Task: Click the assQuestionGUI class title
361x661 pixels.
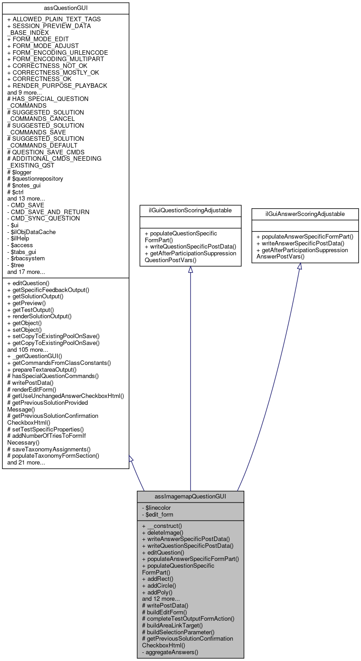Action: [66, 8]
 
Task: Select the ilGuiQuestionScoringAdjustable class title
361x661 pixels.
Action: [190, 210]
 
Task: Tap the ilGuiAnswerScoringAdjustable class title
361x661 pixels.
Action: [305, 214]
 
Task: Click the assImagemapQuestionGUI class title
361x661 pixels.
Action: [190, 496]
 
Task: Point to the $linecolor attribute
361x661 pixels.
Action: [156, 508]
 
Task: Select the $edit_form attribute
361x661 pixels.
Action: [157, 514]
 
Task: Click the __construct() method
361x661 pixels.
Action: [162, 526]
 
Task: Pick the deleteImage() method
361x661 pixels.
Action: [162, 533]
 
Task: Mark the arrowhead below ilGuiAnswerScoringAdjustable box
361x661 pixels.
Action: [299, 267]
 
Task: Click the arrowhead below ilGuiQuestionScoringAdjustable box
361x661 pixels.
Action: [190, 270]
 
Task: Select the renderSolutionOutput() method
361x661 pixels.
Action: [39, 316]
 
